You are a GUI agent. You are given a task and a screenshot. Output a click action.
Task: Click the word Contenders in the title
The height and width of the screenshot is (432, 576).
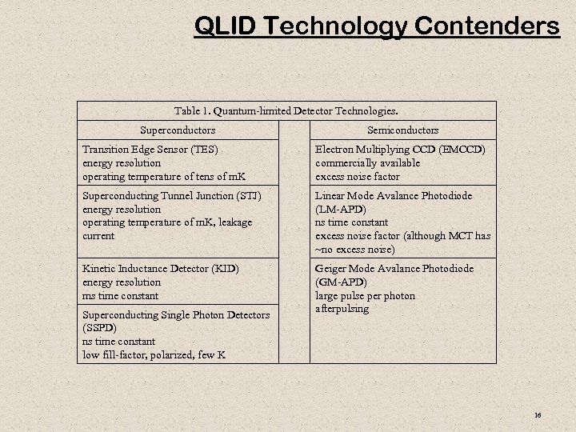486,26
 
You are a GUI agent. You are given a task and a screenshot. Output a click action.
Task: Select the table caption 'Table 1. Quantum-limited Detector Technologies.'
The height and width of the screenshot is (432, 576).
286,110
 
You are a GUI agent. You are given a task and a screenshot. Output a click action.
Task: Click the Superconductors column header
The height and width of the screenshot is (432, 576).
178,130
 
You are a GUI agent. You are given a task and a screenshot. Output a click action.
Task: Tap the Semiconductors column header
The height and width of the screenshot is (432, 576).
402,130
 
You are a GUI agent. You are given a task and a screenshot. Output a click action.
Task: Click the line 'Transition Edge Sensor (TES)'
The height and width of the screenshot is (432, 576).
150,150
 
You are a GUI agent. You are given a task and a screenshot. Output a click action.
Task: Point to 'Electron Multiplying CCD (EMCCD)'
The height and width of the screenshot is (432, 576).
400,150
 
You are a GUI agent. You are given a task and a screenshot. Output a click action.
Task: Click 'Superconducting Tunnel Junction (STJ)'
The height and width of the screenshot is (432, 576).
171,195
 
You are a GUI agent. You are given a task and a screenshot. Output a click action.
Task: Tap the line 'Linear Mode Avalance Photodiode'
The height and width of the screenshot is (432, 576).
394,195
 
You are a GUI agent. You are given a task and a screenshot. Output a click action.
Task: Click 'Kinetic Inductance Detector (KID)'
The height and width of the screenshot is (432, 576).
161,269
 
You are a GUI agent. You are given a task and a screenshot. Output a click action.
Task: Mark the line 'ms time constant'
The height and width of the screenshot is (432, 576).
120,295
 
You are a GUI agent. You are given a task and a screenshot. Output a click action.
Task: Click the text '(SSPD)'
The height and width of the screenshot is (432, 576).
99,328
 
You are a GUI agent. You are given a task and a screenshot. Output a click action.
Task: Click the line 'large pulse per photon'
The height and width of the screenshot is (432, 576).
365,295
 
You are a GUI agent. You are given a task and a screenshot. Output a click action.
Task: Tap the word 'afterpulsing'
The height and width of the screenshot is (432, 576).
342,309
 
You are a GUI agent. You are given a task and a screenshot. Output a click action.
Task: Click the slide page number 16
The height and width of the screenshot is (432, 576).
538,414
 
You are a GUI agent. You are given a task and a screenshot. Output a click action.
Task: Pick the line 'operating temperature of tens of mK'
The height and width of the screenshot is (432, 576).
162,176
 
